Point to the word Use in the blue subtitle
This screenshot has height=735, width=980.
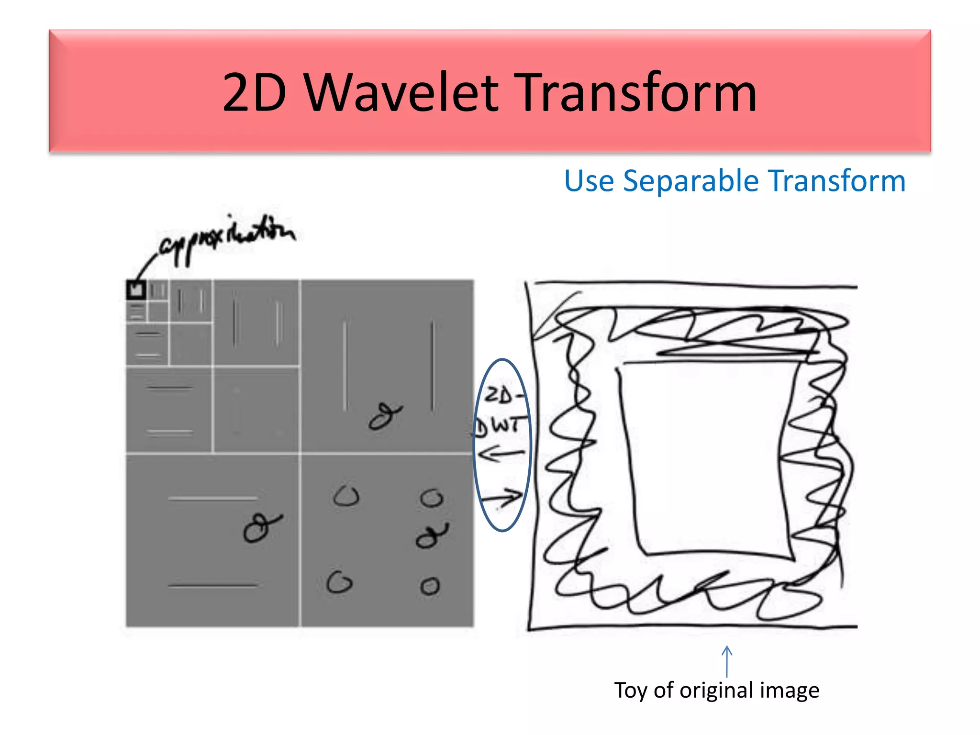point(589,181)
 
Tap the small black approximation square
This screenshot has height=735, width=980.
point(136,290)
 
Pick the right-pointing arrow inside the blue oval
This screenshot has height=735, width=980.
point(502,499)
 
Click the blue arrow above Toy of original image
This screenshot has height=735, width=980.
point(727,661)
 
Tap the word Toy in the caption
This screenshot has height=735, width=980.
point(631,690)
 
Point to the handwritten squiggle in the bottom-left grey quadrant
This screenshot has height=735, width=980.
point(261,527)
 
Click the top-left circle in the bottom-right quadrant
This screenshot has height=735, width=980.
point(346,496)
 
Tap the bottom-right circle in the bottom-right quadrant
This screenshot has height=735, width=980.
point(430,586)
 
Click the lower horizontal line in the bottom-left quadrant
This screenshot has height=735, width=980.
point(213,585)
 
